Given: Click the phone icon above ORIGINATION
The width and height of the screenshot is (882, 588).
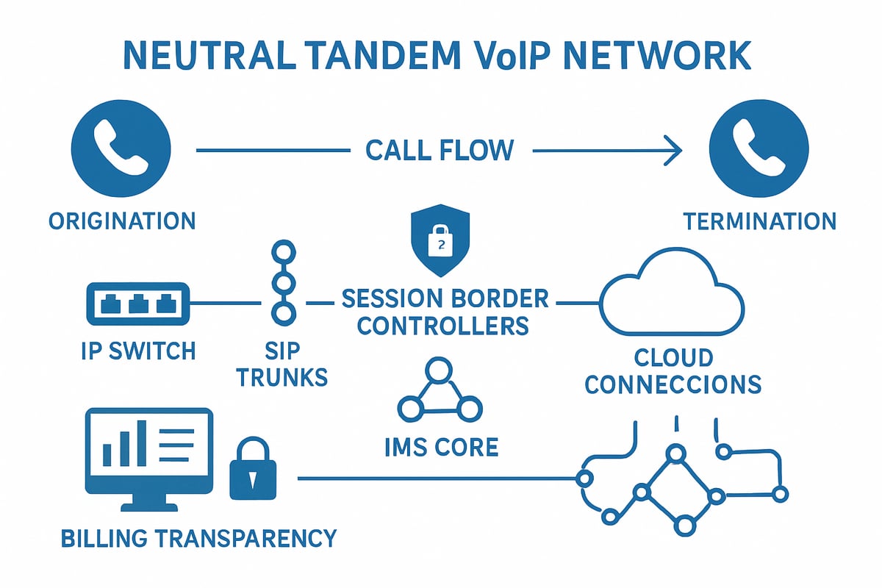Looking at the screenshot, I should coord(122,151).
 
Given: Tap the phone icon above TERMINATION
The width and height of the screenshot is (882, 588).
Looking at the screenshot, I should coord(759,151).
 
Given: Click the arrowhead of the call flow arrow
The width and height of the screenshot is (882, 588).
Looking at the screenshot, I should coord(673,151).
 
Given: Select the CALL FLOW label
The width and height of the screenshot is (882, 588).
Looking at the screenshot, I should coord(440,151).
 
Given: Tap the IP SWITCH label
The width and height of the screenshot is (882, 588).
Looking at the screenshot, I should coord(138,351).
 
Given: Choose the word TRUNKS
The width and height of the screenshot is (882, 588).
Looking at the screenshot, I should coord(283,377).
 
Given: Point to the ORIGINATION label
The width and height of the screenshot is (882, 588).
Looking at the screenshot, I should coord(122,220).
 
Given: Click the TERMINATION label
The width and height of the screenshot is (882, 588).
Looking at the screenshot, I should coord(759,220).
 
